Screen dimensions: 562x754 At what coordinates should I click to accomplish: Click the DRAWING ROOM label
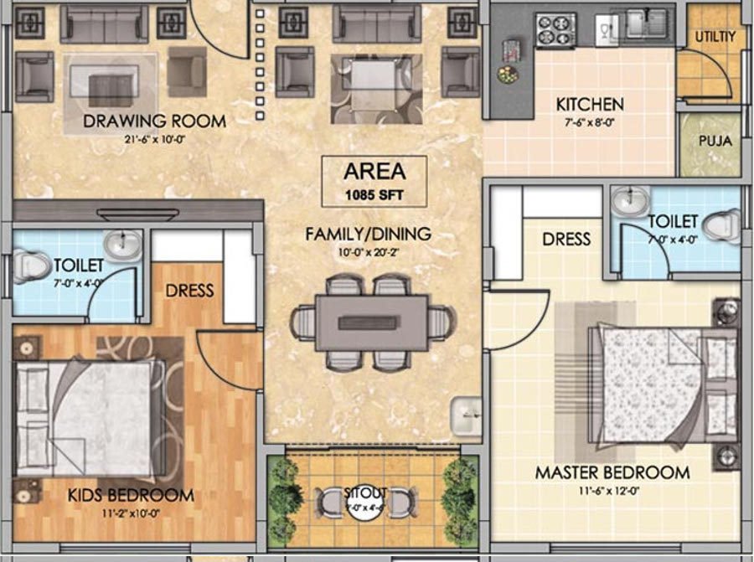click(x=154, y=121)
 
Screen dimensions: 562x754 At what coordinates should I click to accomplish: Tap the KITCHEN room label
click(x=590, y=105)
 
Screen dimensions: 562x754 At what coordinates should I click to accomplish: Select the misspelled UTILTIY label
click(x=714, y=37)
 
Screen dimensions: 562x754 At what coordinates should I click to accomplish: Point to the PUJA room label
click(x=714, y=141)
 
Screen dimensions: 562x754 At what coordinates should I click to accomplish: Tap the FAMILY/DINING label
click(x=368, y=234)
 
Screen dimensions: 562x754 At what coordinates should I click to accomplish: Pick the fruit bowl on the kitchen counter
click(x=507, y=74)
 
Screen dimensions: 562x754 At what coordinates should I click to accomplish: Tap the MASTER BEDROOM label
click(x=612, y=473)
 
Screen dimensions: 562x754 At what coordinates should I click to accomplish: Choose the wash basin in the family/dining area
click(x=466, y=415)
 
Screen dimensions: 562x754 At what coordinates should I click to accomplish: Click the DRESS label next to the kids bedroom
click(x=189, y=291)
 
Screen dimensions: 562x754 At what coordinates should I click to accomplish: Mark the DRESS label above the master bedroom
click(x=566, y=239)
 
